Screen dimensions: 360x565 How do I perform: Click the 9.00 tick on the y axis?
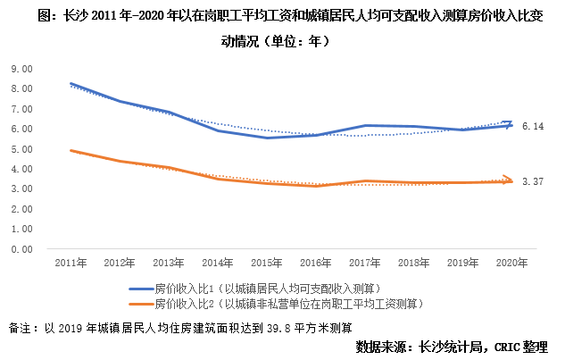coord(22,68)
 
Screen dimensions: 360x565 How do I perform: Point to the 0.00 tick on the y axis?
coord(22,249)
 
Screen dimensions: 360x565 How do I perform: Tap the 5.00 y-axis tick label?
coord(22,148)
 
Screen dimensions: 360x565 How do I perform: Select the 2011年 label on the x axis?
coord(70,264)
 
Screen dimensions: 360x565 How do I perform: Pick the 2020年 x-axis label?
coord(511,264)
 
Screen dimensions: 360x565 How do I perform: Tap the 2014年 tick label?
coord(217,264)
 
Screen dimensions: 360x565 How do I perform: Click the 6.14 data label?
coord(533,127)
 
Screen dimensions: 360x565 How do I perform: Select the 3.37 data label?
coord(533,181)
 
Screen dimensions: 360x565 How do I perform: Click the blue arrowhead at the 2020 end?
coord(509,124)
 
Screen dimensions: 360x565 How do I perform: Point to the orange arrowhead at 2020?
coord(509,180)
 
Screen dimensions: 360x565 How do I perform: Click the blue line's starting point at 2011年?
coord(71,84)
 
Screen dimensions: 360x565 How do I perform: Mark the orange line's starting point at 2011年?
coord(71,151)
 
